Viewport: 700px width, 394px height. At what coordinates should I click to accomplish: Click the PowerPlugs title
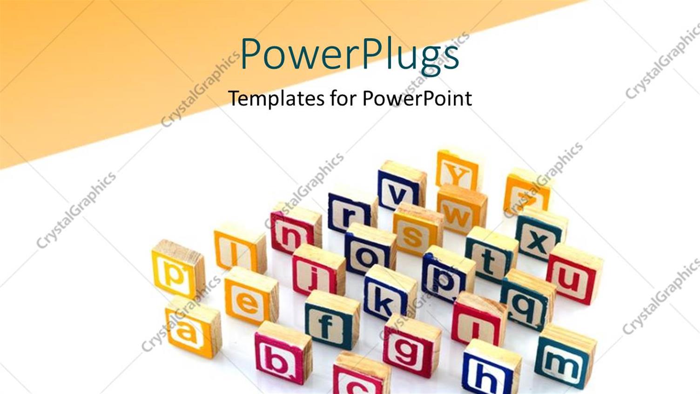click(x=350, y=55)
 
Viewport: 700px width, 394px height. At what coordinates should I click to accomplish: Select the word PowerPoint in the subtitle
click(x=417, y=99)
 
